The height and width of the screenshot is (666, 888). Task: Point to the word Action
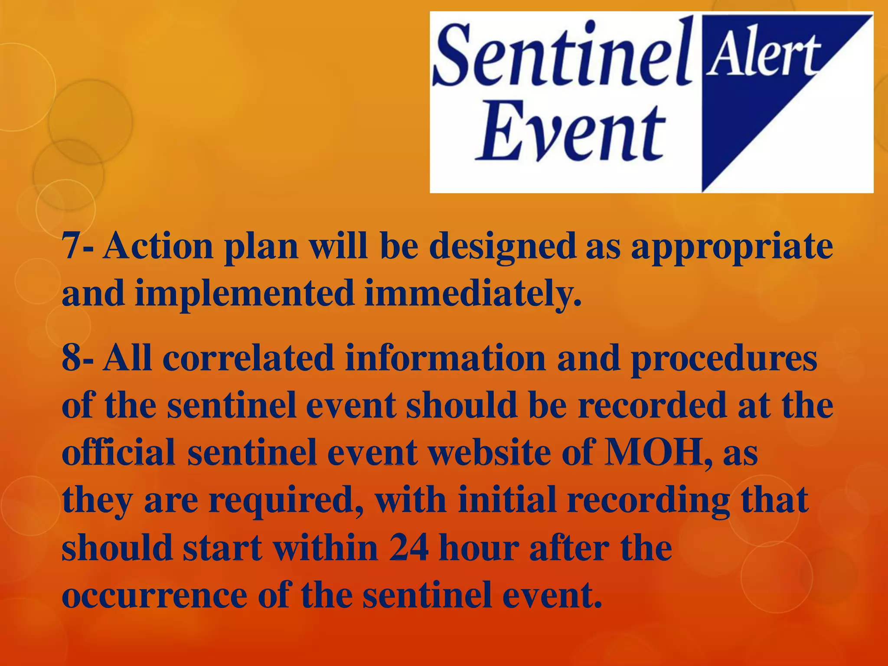pos(158,246)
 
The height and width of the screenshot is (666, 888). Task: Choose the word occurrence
pos(154,595)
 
